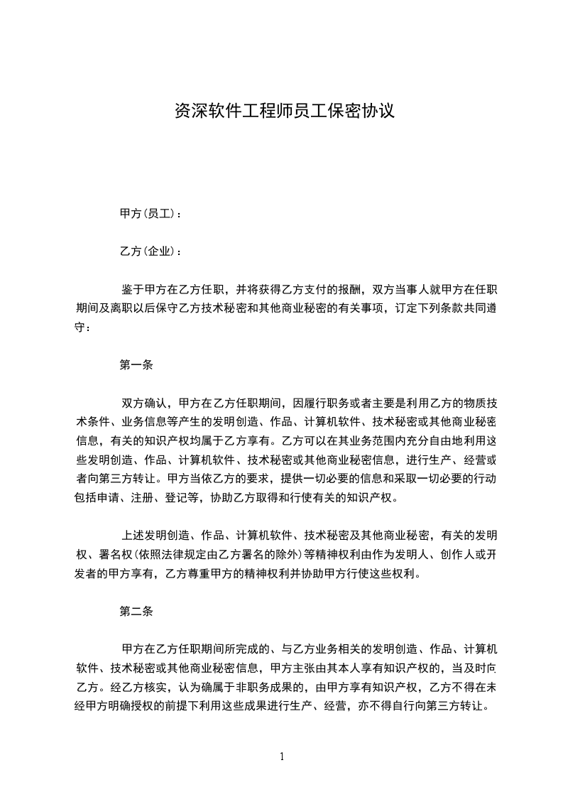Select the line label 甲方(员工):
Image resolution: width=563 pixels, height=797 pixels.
tap(150, 214)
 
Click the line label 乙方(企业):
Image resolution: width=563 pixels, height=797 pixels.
tap(150, 251)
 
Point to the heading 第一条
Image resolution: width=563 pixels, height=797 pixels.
tap(137, 366)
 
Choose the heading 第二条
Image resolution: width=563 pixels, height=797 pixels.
tap(137, 611)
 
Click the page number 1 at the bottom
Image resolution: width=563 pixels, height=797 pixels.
tap(282, 757)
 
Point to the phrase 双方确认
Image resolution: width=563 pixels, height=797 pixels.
tap(144, 403)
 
